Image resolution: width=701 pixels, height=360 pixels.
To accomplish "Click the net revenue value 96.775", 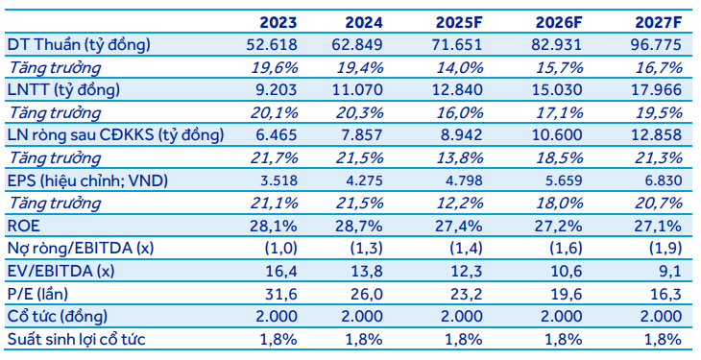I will [656, 45].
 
